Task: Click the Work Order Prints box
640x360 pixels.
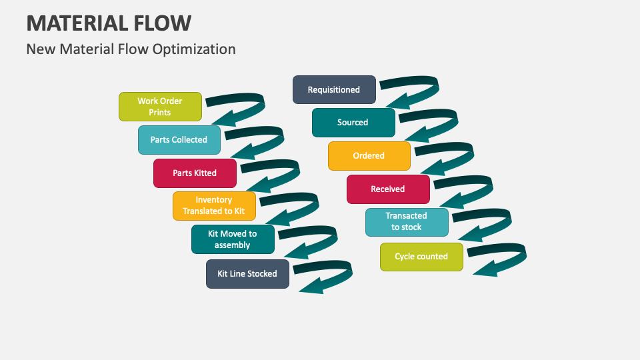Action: coord(160,107)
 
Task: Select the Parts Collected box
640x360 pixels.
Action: coord(179,140)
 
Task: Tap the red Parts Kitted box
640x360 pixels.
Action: coord(195,173)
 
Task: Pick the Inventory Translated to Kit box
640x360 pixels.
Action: coord(214,205)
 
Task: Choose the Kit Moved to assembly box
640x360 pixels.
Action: coord(233,239)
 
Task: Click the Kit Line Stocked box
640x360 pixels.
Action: coord(247,274)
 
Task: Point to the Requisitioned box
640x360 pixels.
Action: coord(334,90)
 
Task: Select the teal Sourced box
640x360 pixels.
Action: coord(353,123)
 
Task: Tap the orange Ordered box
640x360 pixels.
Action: coord(369,156)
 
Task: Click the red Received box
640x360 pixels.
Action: coord(388,189)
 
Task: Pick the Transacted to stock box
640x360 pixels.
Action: coord(407,222)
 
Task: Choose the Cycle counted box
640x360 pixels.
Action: coord(421,257)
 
